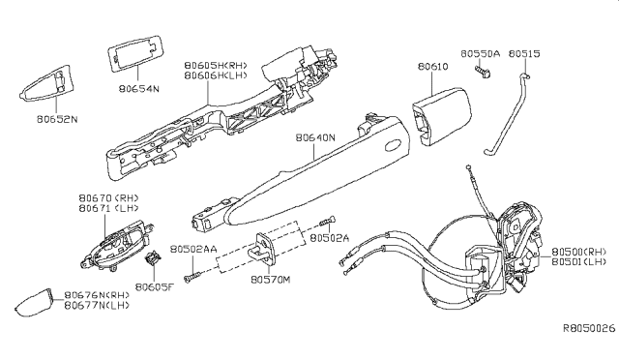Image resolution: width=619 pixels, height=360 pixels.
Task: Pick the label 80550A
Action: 480,54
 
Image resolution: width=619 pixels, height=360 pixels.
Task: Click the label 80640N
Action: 314,137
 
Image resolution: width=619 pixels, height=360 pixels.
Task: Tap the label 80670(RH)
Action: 104,197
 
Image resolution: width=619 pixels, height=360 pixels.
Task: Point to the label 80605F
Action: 153,286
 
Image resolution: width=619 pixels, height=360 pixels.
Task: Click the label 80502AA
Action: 192,247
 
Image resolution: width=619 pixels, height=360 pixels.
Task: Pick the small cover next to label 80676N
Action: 38,301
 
